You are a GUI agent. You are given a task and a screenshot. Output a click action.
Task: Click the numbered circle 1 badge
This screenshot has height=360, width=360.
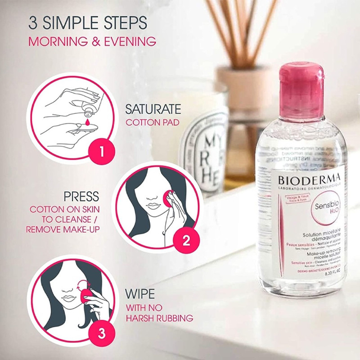click(101, 149)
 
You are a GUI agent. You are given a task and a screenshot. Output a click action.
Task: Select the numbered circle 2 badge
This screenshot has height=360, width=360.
click(185, 241)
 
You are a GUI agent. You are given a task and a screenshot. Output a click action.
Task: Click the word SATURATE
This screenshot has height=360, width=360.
click(153, 109)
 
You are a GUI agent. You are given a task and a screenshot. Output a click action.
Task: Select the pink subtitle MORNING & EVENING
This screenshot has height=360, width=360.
click(92, 42)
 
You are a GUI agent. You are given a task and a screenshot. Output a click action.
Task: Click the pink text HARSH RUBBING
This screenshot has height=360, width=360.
click(159, 318)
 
